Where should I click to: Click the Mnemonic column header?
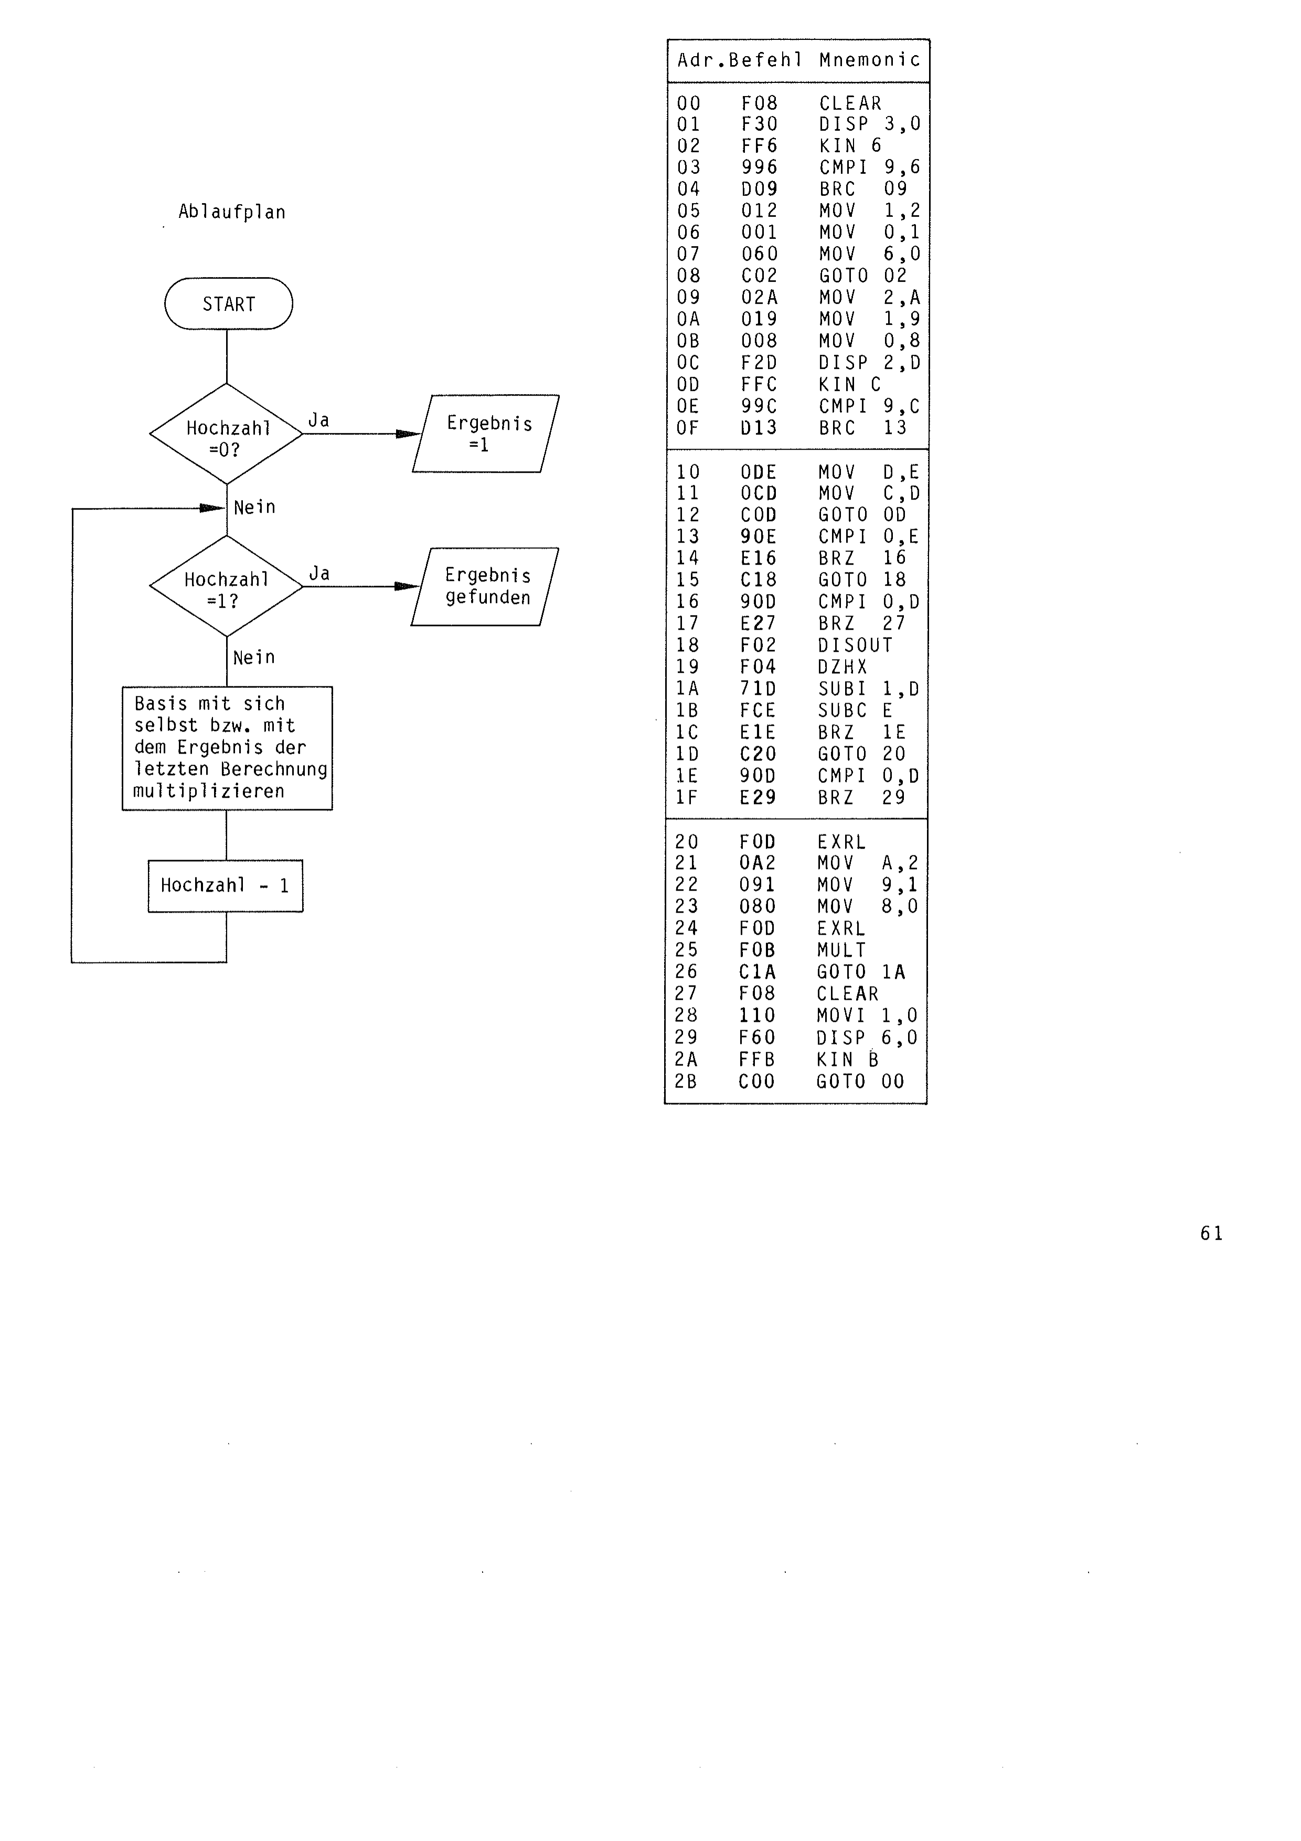pos(870,59)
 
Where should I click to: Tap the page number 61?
pos(1211,1233)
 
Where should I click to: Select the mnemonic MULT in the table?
pos(841,950)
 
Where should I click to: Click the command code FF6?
pos(759,146)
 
